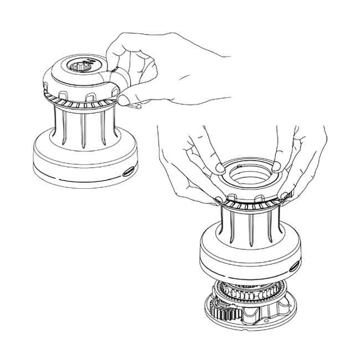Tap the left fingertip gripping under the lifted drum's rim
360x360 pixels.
pyautogui.click(x=222, y=198)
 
